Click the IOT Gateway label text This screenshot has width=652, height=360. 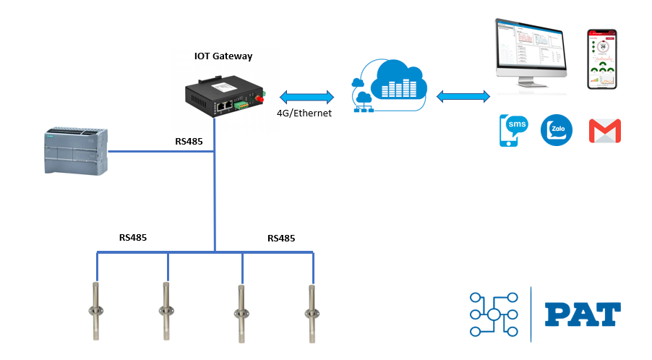[x=223, y=56]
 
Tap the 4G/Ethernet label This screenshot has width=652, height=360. [x=304, y=113]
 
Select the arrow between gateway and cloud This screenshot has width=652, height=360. [x=305, y=95]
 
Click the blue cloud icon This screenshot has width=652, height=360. [x=388, y=86]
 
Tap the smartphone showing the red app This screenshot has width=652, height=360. [x=601, y=59]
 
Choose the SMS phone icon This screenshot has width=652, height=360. [x=512, y=131]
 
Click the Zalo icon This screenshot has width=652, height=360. [x=557, y=130]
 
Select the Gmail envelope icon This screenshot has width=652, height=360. [x=605, y=131]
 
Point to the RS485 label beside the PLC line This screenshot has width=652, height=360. [x=189, y=142]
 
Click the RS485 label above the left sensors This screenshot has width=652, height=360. [x=133, y=237]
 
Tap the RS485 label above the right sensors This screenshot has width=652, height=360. [x=281, y=238]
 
